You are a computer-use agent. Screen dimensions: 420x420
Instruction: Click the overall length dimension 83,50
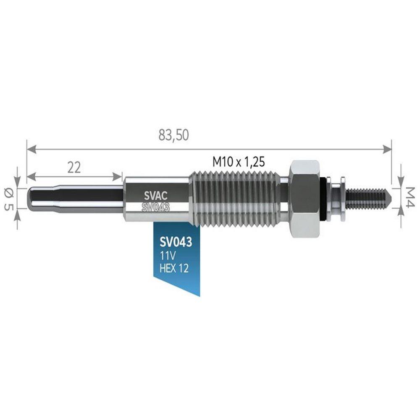click(x=173, y=135)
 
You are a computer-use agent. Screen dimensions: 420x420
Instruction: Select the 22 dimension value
click(x=74, y=168)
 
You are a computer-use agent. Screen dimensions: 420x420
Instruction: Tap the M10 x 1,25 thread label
click(x=239, y=162)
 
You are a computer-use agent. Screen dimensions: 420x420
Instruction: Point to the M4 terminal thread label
click(x=410, y=197)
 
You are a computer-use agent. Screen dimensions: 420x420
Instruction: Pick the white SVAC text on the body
click(x=156, y=196)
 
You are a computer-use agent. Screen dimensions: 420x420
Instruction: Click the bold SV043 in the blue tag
click(x=176, y=242)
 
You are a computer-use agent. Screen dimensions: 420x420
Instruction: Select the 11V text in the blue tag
click(x=168, y=256)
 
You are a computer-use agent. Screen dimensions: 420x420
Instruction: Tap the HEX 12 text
click(x=174, y=268)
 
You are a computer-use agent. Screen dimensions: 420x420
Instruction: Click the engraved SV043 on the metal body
click(x=156, y=207)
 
